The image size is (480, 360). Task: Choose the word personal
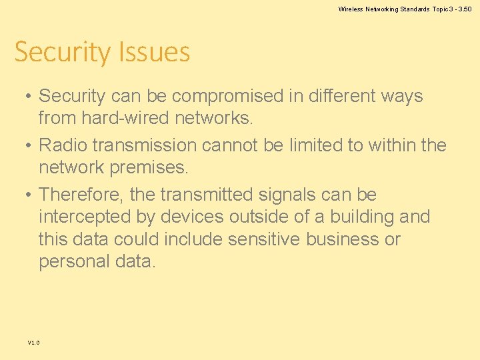pyautogui.click(x=75, y=261)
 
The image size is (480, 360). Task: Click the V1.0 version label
pyautogui.click(x=33, y=342)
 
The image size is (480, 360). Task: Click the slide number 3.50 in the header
pyautogui.click(x=464, y=9)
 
